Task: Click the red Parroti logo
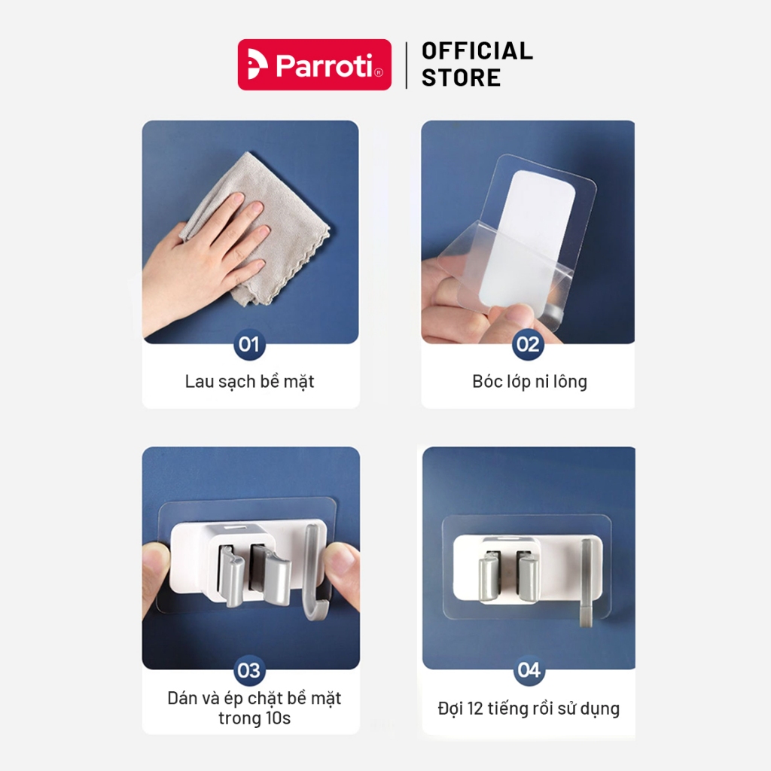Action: click(x=315, y=65)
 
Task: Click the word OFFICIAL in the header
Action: click(x=477, y=51)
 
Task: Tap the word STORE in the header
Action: click(x=462, y=78)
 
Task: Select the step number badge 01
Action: click(x=249, y=344)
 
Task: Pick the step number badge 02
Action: click(x=528, y=344)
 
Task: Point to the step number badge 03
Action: click(x=249, y=670)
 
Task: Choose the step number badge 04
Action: click(x=529, y=669)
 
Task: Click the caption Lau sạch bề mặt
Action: click(x=250, y=382)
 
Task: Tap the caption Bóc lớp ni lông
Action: click(x=529, y=382)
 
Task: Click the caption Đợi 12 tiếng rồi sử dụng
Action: click(x=529, y=709)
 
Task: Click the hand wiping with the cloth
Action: click(x=206, y=261)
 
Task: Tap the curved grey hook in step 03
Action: click(x=312, y=573)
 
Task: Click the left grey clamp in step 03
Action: click(x=230, y=577)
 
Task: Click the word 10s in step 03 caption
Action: click(x=278, y=718)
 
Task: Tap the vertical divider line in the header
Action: click(x=407, y=66)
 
